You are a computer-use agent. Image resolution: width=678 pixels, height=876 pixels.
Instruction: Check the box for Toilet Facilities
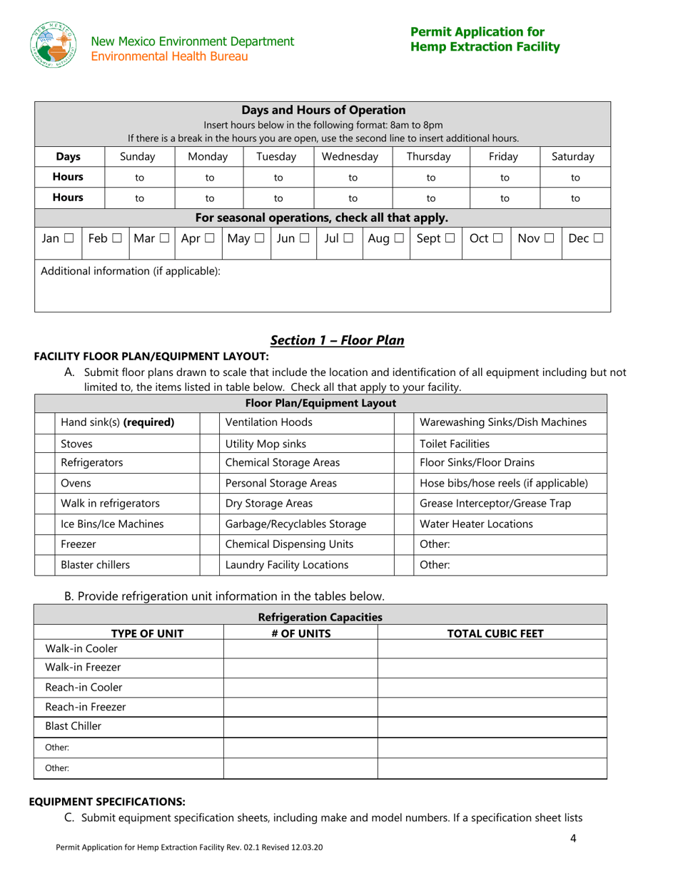[x=404, y=444]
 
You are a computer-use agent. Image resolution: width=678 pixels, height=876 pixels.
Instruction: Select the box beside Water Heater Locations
[x=404, y=524]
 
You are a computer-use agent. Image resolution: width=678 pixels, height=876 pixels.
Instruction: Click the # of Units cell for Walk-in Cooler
[x=300, y=648]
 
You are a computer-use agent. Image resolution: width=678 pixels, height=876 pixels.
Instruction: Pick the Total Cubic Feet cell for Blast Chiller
[x=492, y=727]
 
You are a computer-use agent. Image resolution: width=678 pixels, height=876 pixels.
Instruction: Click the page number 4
[x=573, y=839]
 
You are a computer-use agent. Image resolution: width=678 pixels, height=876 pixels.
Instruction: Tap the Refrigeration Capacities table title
[x=320, y=616]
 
